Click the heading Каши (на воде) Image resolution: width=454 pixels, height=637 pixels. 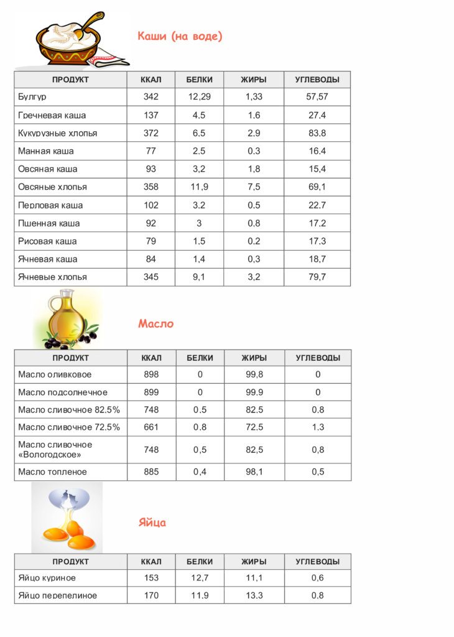pos(180,36)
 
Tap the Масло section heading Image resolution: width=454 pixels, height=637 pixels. pos(155,323)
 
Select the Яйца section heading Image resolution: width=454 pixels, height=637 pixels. pos(152,523)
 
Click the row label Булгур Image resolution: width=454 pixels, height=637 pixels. pos(32,97)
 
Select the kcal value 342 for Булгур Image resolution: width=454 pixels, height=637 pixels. pos(151,97)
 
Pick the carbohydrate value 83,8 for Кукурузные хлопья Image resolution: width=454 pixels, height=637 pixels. pos(317,133)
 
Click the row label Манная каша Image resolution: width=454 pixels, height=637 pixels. pos(46,151)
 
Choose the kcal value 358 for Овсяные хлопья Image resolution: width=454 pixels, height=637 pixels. pos(151,187)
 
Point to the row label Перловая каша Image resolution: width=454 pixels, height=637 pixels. pos(50,205)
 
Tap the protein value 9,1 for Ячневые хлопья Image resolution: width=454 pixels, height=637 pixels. pos(200,277)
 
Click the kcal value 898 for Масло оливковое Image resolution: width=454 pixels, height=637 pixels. pos(151,374)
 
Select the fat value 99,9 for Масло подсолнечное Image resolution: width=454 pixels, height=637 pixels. pos(254,393)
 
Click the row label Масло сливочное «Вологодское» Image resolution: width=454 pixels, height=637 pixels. pos(55,449)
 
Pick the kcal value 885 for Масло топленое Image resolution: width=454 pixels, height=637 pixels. pos(151,472)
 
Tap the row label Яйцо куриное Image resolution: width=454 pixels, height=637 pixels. pos(47,578)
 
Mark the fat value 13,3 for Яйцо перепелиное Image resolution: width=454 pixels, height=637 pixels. pos(254,595)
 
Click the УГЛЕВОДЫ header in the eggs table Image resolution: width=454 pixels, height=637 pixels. pos(318,561)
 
